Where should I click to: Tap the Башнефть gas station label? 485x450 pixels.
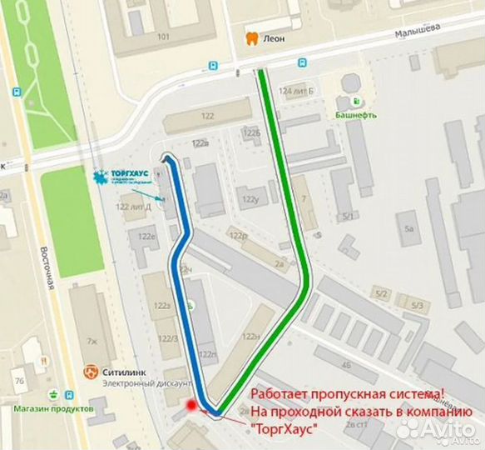point(356,115)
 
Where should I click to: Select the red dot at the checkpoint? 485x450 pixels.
point(191,406)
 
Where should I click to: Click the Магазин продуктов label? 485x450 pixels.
point(49,409)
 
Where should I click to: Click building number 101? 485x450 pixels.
point(163,37)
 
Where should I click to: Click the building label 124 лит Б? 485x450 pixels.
point(296,90)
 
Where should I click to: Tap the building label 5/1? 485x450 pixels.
point(347,217)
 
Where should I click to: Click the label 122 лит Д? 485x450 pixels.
point(133,207)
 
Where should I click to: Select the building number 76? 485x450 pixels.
point(17,382)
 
